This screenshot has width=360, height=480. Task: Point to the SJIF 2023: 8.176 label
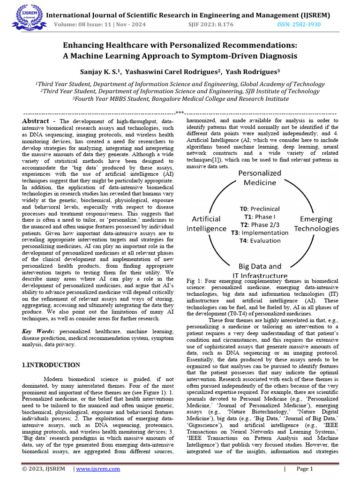click(x=211, y=24)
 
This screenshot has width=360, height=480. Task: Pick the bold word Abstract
click(x=36, y=121)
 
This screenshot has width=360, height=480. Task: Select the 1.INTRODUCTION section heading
click(x=51, y=365)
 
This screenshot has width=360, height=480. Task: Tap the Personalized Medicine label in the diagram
click(x=260, y=178)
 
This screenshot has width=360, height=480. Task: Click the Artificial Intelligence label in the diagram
click(x=206, y=224)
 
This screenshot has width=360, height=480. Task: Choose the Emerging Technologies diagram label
click(x=316, y=224)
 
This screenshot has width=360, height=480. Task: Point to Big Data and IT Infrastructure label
click(x=260, y=271)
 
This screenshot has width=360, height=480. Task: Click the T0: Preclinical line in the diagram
click(x=259, y=209)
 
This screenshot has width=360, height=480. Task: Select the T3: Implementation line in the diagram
click(x=259, y=232)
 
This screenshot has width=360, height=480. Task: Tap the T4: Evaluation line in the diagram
click(x=259, y=240)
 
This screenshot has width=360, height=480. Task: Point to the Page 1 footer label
click(x=305, y=469)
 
